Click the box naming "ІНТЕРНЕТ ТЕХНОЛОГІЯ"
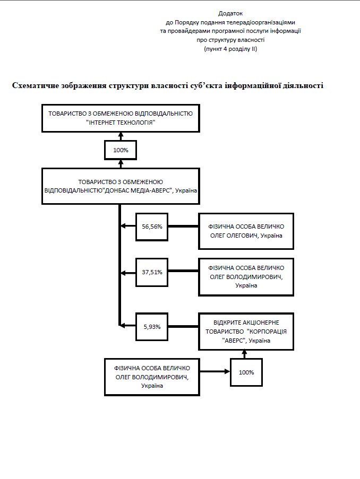click(x=121, y=118)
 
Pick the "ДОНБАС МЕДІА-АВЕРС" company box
click(x=121, y=186)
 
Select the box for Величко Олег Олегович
click(x=246, y=231)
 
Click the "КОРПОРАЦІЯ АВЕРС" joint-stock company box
click(x=246, y=332)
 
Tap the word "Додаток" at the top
click(x=230, y=13)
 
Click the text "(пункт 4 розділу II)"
click(x=230, y=49)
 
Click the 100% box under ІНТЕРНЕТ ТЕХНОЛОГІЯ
click(x=121, y=150)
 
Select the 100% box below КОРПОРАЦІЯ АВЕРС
click(x=246, y=372)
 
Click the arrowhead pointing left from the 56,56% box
click(x=123, y=227)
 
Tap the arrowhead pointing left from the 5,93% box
click(x=123, y=325)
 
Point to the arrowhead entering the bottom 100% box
click(x=227, y=372)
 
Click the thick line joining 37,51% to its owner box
click(x=183, y=272)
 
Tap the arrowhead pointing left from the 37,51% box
click(x=123, y=272)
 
